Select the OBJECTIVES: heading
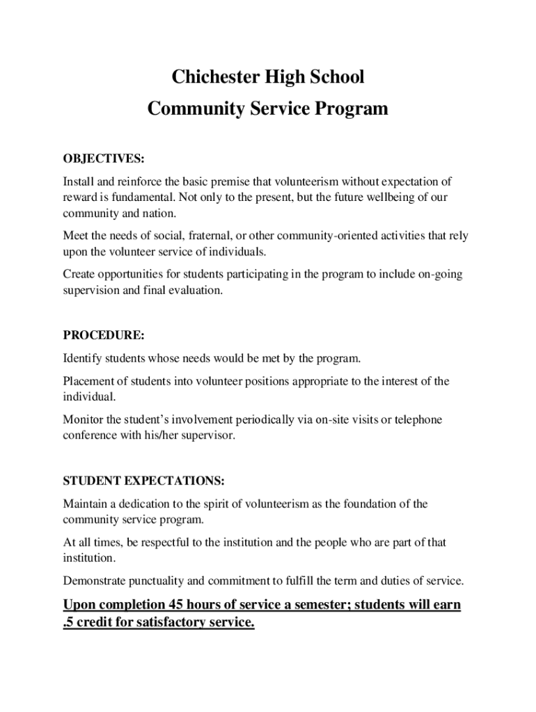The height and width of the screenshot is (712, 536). [x=104, y=159]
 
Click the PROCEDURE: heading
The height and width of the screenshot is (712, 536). [x=104, y=335]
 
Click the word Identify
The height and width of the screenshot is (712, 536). [x=83, y=359]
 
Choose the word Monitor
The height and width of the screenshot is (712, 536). [x=84, y=419]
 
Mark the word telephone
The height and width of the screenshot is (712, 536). [x=417, y=419]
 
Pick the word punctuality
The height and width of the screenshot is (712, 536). [x=153, y=581]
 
